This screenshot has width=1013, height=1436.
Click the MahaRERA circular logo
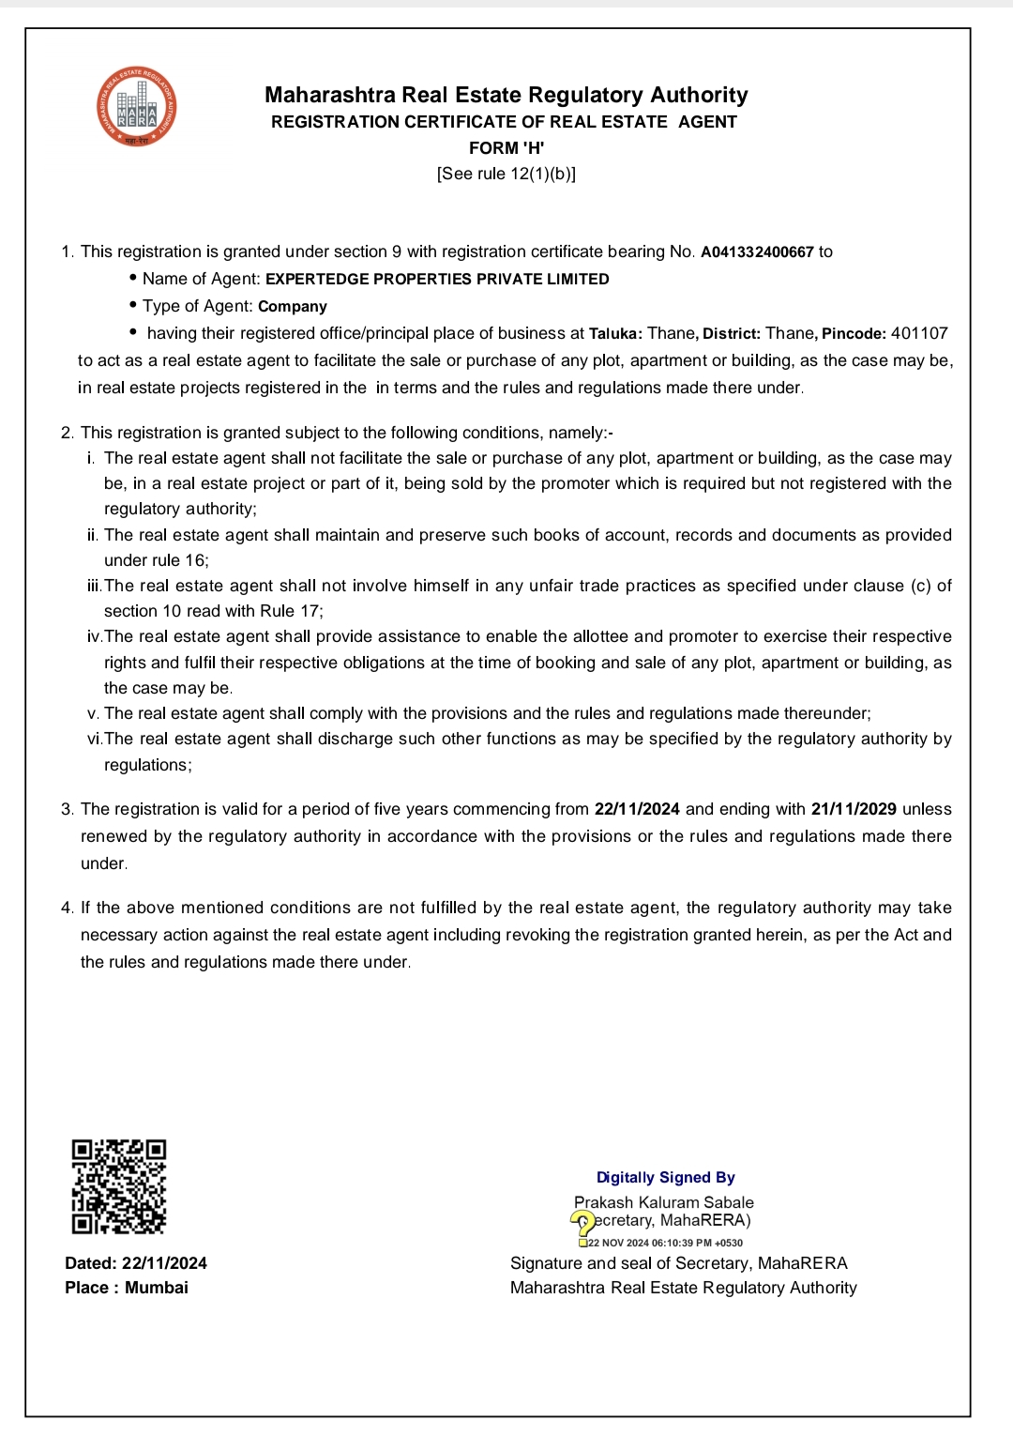click(137, 107)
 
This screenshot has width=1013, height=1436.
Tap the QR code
click(119, 1186)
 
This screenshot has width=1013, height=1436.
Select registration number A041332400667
click(757, 252)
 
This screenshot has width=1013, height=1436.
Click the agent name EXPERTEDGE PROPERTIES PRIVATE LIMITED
click(437, 279)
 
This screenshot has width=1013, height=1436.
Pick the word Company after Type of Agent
click(293, 306)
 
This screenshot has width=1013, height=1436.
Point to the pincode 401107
click(919, 333)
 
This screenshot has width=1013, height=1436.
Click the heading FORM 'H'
click(506, 147)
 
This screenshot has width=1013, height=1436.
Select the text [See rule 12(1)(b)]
click(506, 174)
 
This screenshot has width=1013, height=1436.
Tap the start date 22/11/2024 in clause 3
click(637, 809)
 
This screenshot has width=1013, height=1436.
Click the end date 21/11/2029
click(854, 809)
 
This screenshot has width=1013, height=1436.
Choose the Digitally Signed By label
click(666, 1177)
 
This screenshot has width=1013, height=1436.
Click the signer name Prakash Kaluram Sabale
click(664, 1202)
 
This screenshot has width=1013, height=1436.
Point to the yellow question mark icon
click(582, 1223)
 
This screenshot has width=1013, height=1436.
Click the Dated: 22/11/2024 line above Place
click(136, 1263)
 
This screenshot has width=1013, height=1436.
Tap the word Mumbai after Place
click(157, 1288)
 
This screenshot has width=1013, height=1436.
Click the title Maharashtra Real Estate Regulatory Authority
click(506, 95)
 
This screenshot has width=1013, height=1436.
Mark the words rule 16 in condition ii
click(183, 560)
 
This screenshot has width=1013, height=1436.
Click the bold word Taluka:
click(615, 333)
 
